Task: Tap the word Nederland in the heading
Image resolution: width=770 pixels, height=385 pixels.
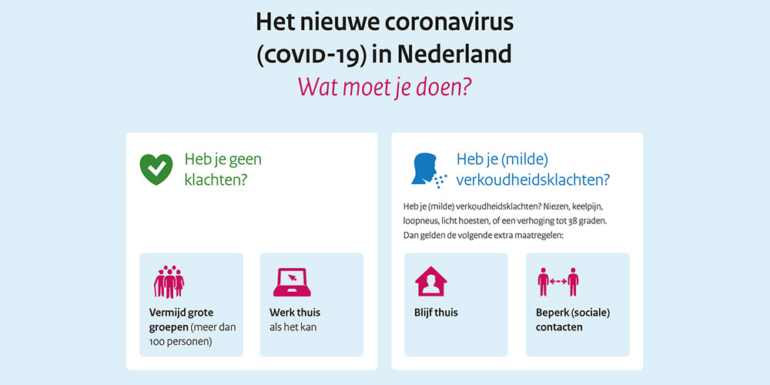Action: tap(454, 55)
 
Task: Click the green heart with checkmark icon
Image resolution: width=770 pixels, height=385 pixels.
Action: tap(156, 169)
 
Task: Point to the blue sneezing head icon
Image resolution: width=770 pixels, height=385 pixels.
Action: tap(428, 170)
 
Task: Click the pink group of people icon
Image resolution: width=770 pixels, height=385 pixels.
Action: tap(169, 282)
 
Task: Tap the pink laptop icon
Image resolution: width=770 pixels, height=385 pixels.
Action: tap(292, 283)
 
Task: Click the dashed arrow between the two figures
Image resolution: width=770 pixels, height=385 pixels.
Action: tap(557, 281)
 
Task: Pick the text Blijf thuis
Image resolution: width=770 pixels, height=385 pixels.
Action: tap(436, 313)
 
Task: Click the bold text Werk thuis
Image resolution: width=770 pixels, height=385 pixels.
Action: tap(295, 313)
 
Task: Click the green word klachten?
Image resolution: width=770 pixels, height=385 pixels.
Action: tap(216, 180)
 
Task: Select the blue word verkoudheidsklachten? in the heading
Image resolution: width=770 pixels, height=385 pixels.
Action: tap(533, 180)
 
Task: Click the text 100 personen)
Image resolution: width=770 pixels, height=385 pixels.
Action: tap(180, 342)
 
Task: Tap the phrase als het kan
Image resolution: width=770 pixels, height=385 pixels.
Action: tap(293, 327)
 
